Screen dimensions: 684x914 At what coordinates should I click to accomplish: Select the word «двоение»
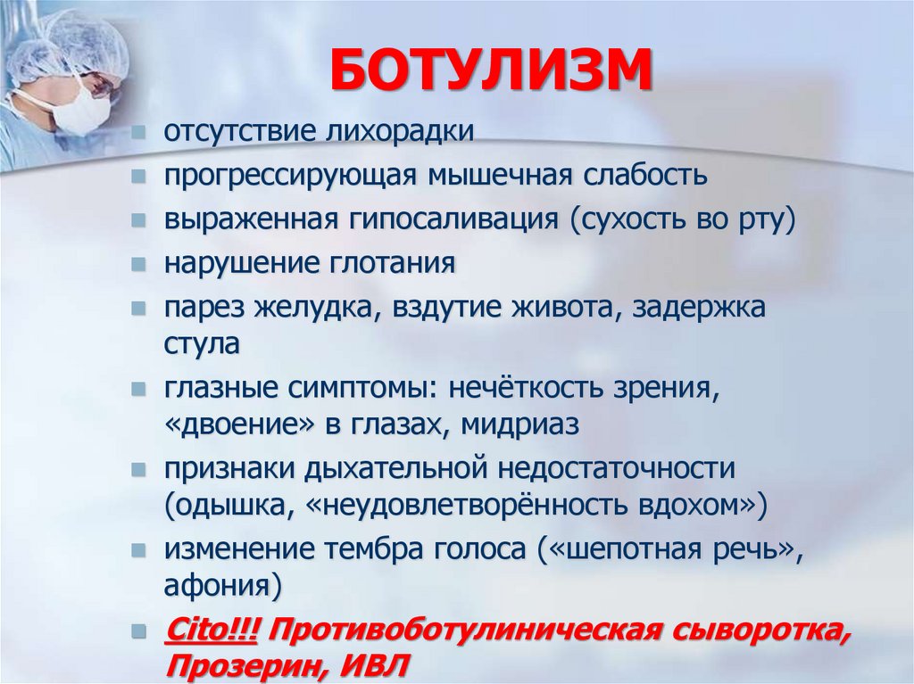click(240, 424)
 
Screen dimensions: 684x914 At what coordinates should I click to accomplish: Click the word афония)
click(223, 586)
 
